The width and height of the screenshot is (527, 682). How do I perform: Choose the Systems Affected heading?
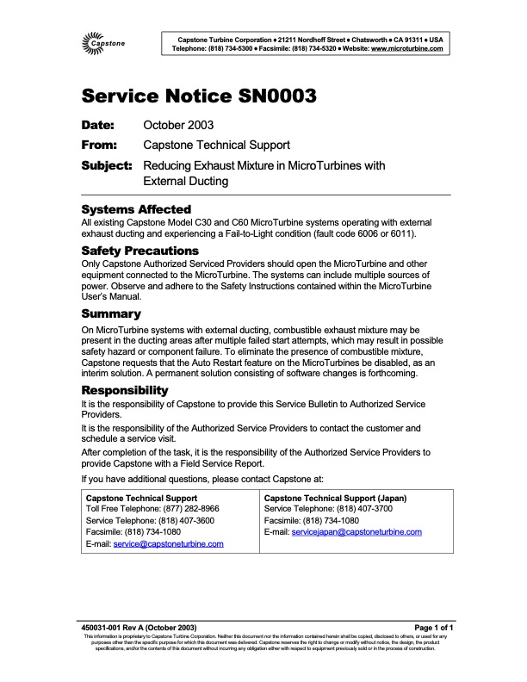point(136,209)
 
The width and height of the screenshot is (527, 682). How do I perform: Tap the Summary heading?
point(111,313)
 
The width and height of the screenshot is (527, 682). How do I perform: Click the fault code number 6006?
point(370,233)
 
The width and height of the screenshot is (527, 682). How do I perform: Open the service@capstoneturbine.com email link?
point(169,544)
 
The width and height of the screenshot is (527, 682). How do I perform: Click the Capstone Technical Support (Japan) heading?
point(336,498)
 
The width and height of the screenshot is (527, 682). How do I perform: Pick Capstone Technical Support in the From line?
point(216,145)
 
